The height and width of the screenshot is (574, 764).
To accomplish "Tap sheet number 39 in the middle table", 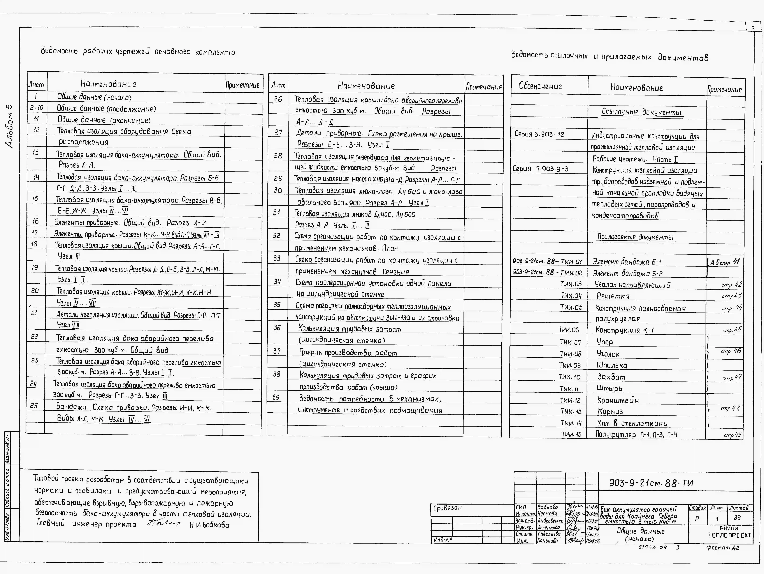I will point(276,397).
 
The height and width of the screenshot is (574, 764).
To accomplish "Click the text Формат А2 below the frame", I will point(723,548).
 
